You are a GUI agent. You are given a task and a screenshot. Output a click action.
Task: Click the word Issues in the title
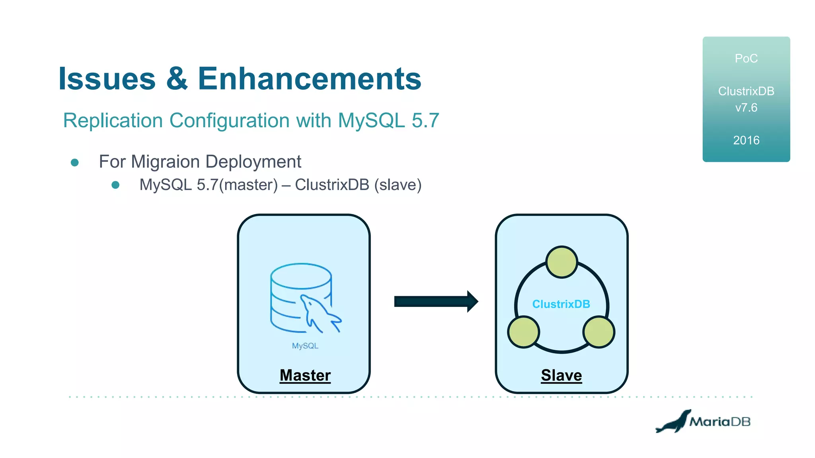coord(107,79)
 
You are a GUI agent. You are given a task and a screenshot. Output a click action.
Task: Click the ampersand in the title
coord(177,79)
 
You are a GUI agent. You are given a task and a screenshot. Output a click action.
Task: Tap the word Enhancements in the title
coord(309,79)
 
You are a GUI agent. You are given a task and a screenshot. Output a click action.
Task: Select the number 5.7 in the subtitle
coord(425,120)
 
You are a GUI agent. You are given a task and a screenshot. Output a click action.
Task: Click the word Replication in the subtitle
coord(113,120)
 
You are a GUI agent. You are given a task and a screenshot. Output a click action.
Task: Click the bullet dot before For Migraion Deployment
coord(74,162)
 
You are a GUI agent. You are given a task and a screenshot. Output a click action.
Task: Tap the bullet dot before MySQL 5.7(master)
coord(115,185)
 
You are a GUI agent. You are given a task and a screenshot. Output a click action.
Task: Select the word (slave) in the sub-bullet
coord(398,185)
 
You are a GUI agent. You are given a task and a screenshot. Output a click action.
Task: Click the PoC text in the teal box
coord(746,58)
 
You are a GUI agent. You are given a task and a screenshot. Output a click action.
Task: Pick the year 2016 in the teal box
coord(746,140)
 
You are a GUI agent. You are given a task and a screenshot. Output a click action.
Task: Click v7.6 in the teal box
coord(746,108)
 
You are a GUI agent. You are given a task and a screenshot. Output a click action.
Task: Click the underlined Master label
coord(305,375)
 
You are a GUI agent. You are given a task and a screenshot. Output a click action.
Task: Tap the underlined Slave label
coord(561,375)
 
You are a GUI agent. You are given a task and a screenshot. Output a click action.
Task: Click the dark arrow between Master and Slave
coord(435,301)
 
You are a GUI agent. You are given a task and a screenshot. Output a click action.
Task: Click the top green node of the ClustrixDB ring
coord(561,262)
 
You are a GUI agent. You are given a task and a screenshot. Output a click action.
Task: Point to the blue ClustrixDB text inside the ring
coord(561,304)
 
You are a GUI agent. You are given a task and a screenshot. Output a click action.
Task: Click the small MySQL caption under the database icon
coord(305,346)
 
